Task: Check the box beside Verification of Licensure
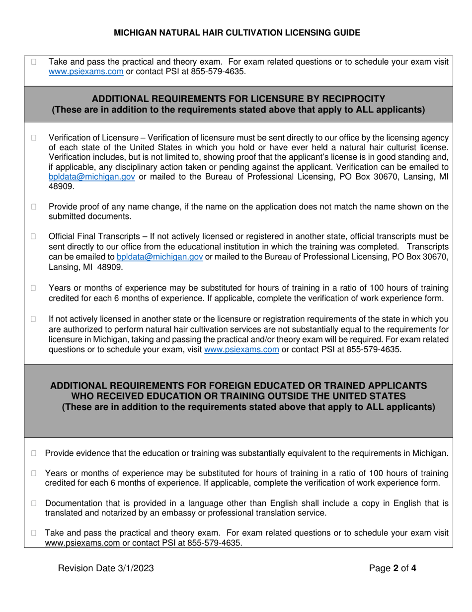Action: click(34, 138)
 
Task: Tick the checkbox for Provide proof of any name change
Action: click(34, 206)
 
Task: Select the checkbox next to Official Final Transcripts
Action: click(34, 236)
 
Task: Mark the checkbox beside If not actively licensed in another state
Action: click(34, 319)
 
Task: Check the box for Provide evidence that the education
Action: click(34, 453)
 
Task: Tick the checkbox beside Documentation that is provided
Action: click(34, 504)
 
